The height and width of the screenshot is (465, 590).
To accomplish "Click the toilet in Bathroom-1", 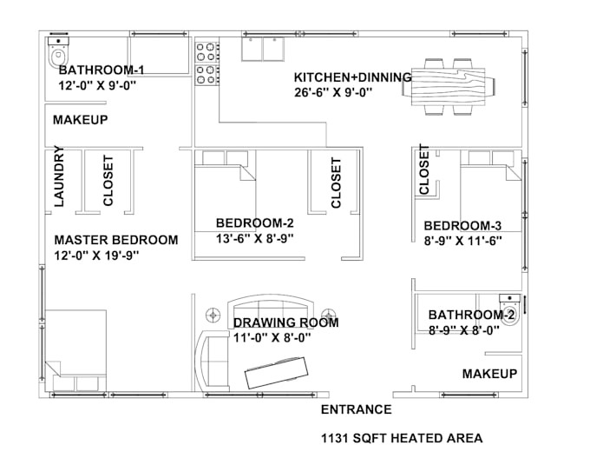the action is (59, 52).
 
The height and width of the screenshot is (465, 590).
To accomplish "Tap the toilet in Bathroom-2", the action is (510, 310).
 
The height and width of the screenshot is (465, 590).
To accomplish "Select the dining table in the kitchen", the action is (449, 87).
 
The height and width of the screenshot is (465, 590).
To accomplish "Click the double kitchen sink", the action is (263, 49).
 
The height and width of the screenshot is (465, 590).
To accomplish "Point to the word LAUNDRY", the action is (59, 176).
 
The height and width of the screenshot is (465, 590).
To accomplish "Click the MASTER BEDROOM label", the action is (116, 240).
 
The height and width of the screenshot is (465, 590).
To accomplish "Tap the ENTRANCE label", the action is (356, 409).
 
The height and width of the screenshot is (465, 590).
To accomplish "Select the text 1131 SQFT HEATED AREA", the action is (402, 438).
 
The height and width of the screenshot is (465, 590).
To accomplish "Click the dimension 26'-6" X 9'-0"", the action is (333, 92).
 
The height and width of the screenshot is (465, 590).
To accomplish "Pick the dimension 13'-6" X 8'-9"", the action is (254, 238).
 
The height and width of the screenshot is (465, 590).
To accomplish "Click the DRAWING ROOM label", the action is (286, 322).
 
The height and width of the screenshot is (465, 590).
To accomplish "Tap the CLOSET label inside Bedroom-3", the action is (423, 169).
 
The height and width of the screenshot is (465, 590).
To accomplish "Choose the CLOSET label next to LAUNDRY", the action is (108, 181).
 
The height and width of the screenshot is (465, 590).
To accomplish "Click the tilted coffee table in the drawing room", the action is (277, 373).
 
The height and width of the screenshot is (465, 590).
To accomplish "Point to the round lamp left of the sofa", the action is (213, 315).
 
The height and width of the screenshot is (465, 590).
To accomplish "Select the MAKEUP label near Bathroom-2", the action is (489, 374).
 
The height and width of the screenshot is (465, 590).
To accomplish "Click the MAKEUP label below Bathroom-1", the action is (80, 120).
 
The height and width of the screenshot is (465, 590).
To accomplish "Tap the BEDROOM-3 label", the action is (462, 226).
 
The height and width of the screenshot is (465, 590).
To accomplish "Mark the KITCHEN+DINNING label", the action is (352, 77).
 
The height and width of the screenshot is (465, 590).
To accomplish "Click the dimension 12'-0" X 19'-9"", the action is (96, 256).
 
